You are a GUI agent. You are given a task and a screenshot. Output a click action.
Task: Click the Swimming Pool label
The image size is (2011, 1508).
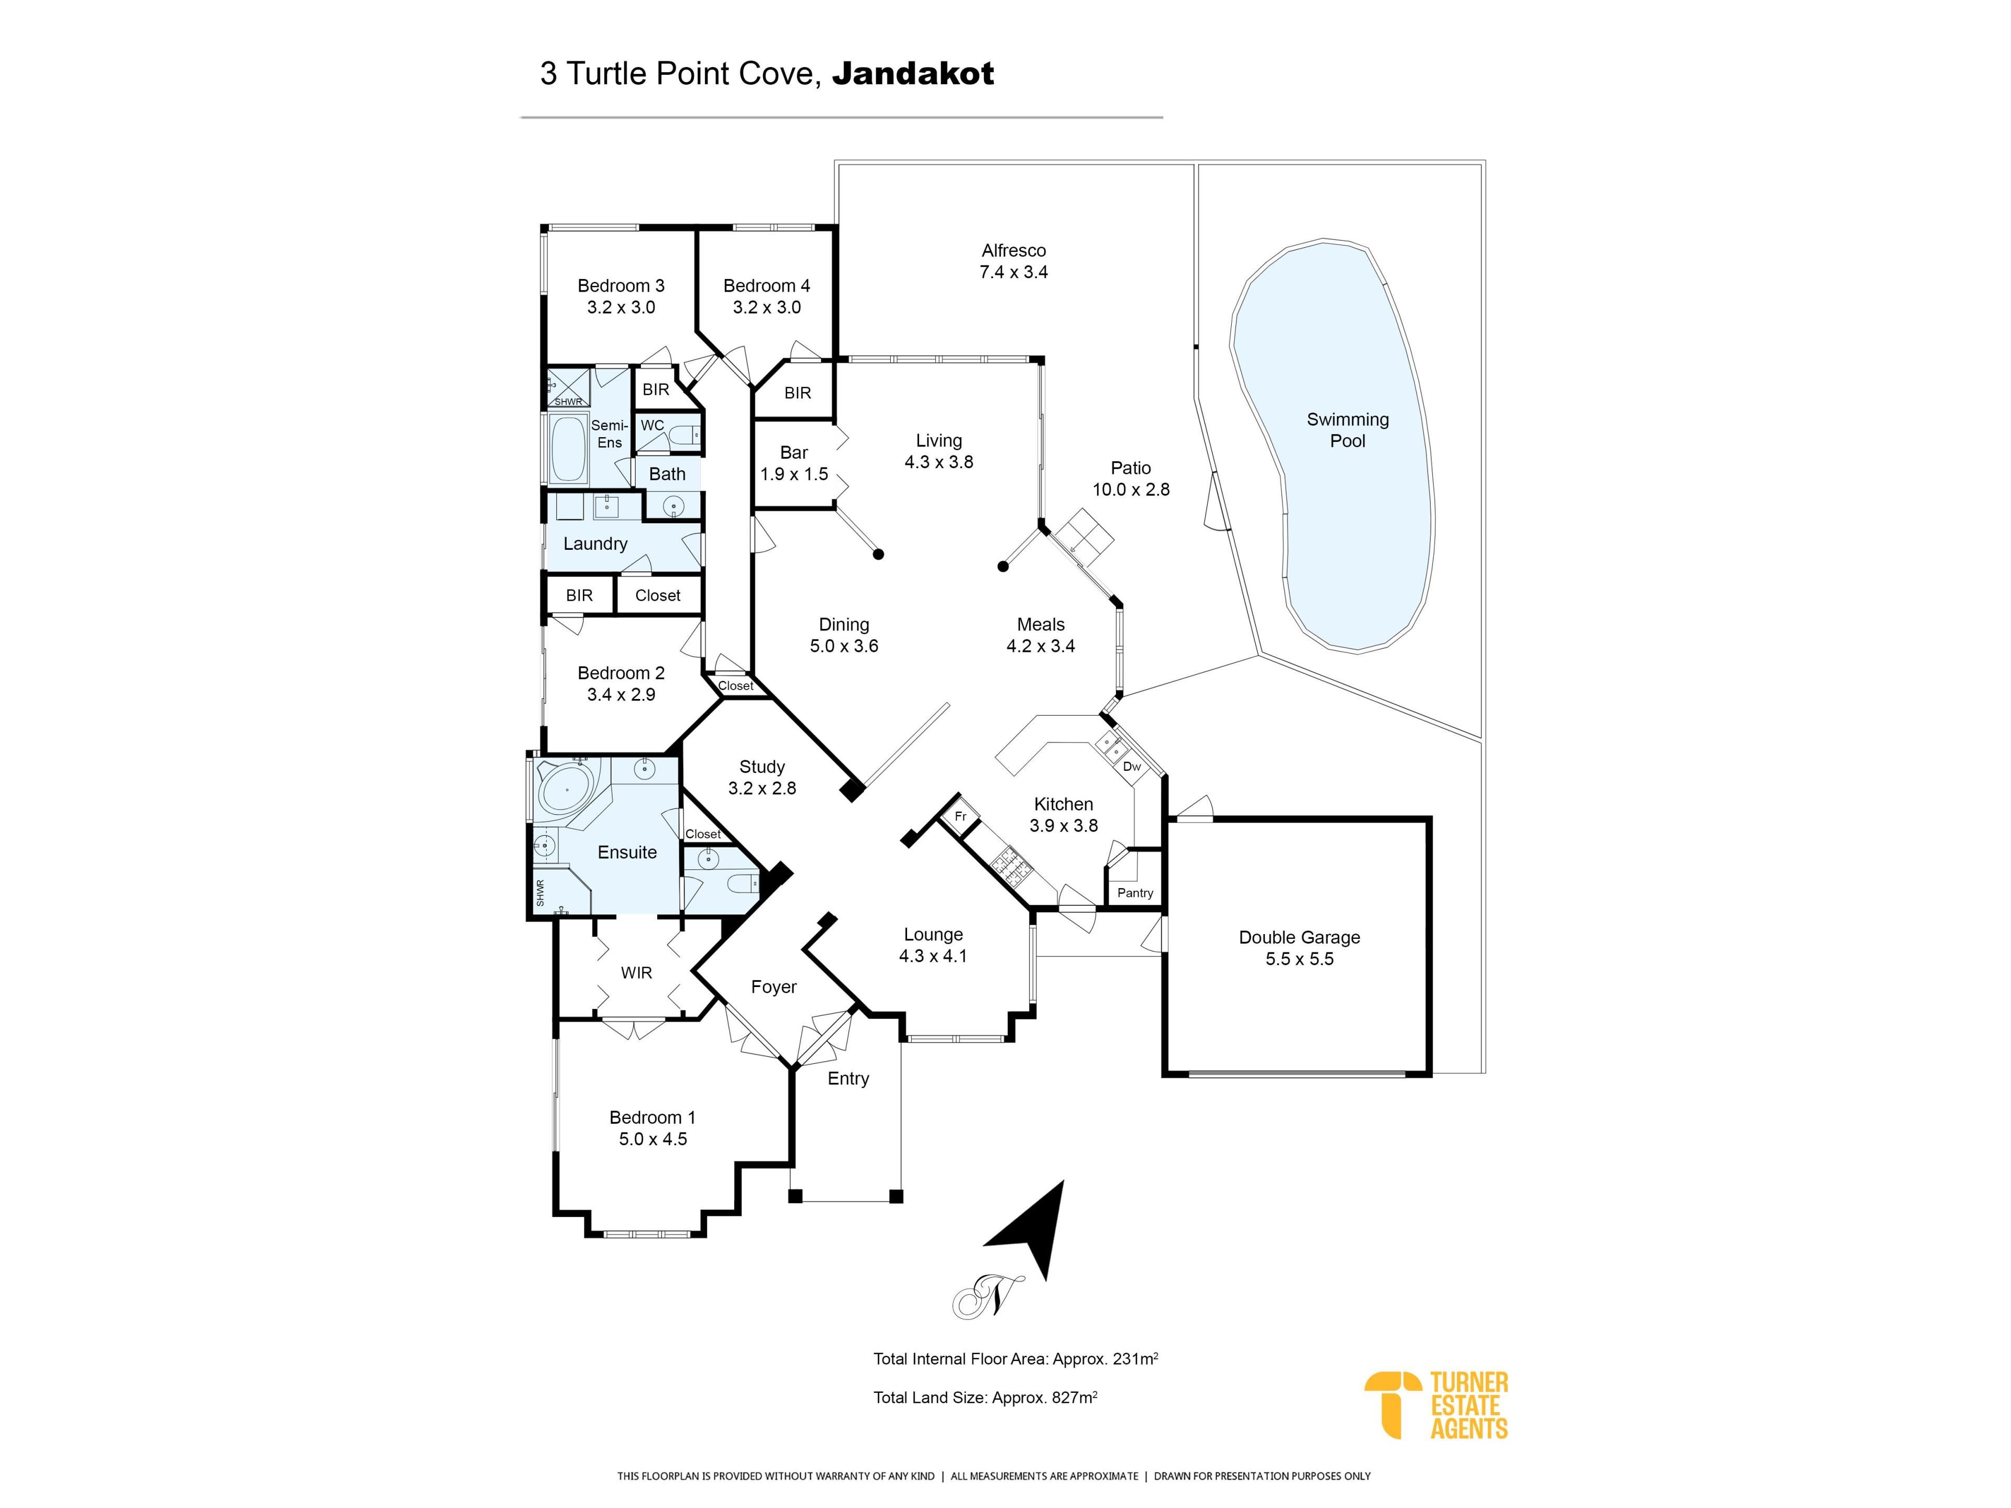1347,430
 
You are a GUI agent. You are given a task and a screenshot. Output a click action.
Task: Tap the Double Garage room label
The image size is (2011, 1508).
1299,937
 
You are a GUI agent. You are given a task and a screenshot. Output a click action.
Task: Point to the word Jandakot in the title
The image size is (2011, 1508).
913,73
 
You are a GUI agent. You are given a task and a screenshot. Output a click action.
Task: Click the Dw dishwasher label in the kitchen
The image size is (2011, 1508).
1132,766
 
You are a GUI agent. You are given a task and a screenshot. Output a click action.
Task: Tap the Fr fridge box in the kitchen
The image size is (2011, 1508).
960,816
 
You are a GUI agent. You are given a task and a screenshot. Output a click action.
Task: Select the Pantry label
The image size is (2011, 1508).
1135,893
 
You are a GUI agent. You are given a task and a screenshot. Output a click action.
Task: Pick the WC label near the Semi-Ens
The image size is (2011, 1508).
652,425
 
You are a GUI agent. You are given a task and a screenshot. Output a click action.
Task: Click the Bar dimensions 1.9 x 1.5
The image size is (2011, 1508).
794,473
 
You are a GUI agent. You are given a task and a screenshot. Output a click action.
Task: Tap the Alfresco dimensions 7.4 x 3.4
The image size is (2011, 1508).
1014,272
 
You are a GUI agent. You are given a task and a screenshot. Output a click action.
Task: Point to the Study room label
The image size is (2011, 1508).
762,766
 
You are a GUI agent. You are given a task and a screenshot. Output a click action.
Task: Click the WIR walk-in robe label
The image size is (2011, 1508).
636,973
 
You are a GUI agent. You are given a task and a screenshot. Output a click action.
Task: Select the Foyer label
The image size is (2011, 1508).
774,987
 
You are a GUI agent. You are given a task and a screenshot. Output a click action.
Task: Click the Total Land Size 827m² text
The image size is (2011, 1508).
986,1397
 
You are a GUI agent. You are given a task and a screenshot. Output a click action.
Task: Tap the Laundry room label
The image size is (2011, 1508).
595,544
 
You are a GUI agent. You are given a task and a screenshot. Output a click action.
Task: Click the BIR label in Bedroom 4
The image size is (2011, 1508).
797,393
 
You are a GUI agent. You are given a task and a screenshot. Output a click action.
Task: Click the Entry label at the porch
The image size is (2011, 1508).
848,1079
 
